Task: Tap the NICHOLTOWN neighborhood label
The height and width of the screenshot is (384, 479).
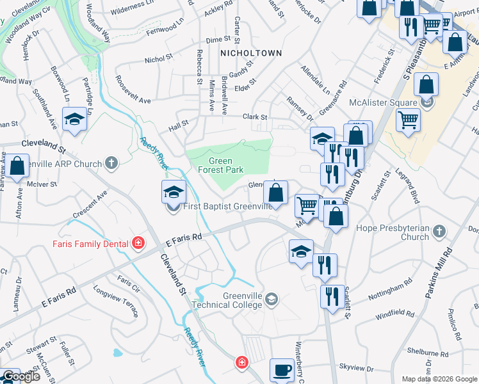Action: tap(250, 52)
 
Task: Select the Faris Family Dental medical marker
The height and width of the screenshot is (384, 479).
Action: tap(138, 243)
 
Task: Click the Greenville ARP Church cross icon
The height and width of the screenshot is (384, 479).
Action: tap(111, 163)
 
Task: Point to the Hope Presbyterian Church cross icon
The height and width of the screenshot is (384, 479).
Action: tap(439, 230)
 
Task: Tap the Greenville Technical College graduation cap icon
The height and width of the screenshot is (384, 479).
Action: tap(272, 299)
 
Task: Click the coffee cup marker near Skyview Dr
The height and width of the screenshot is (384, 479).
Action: tap(282, 370)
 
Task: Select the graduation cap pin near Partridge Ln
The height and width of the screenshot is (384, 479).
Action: tap(74, 119)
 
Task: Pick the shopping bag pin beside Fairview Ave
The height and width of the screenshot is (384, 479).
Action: tap(18, 166)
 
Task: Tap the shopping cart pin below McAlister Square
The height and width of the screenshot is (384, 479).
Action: tap(408, 120)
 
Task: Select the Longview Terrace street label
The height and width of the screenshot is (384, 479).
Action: tap(116, 302)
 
